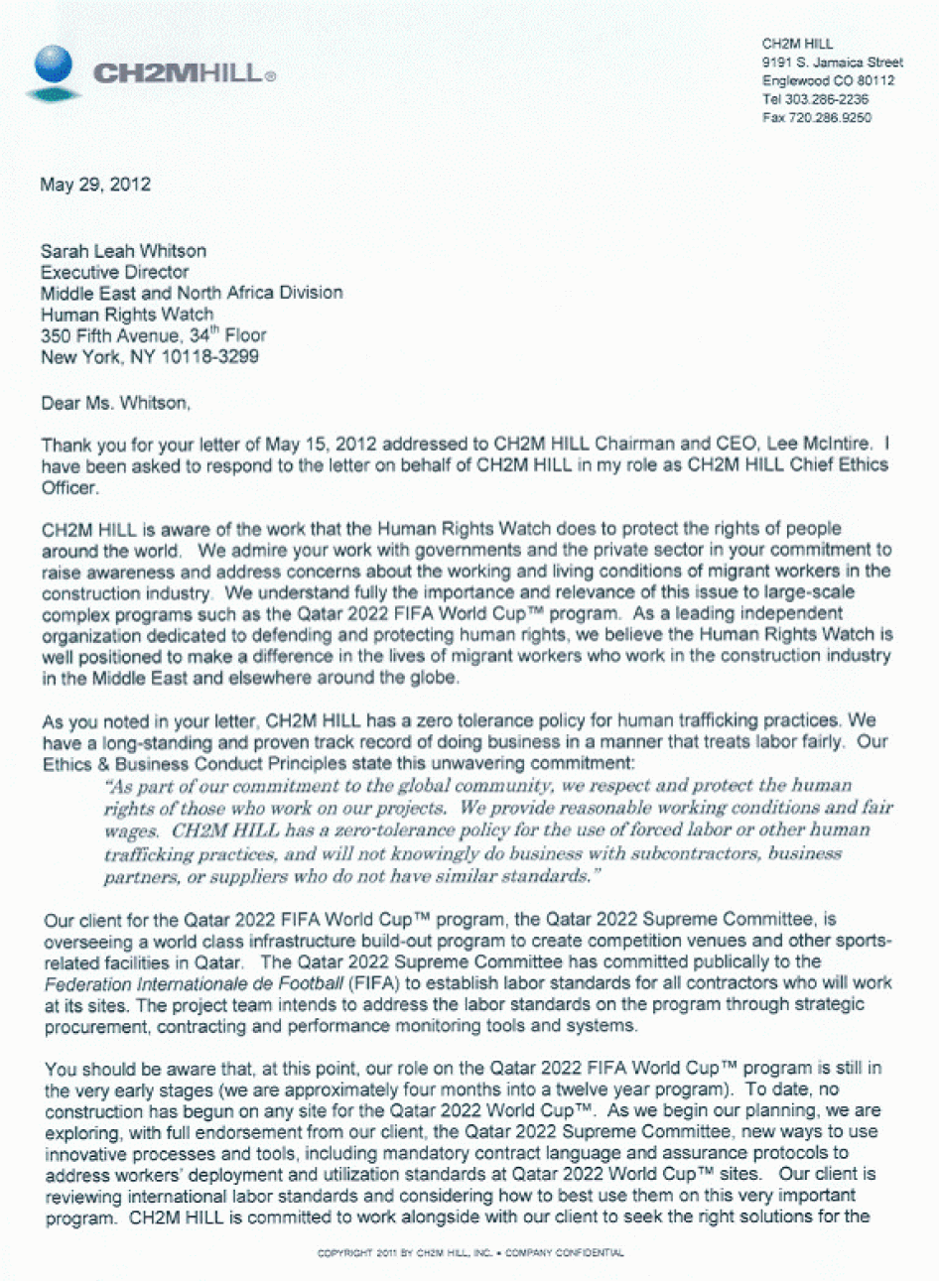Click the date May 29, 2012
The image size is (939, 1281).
click(95, 185)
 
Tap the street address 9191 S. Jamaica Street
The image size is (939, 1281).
click(832, 63)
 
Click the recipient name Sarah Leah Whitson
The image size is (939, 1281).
click(123, 251)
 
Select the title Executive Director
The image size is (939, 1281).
click(114, 272)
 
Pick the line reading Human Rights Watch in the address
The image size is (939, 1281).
click(126, 315)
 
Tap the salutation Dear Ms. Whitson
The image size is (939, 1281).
click(114, 403)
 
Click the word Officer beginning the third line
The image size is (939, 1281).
click(69, 487)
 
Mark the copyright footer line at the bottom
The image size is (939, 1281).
click(469, 1253)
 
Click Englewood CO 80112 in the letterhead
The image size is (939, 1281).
click(827, 81)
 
